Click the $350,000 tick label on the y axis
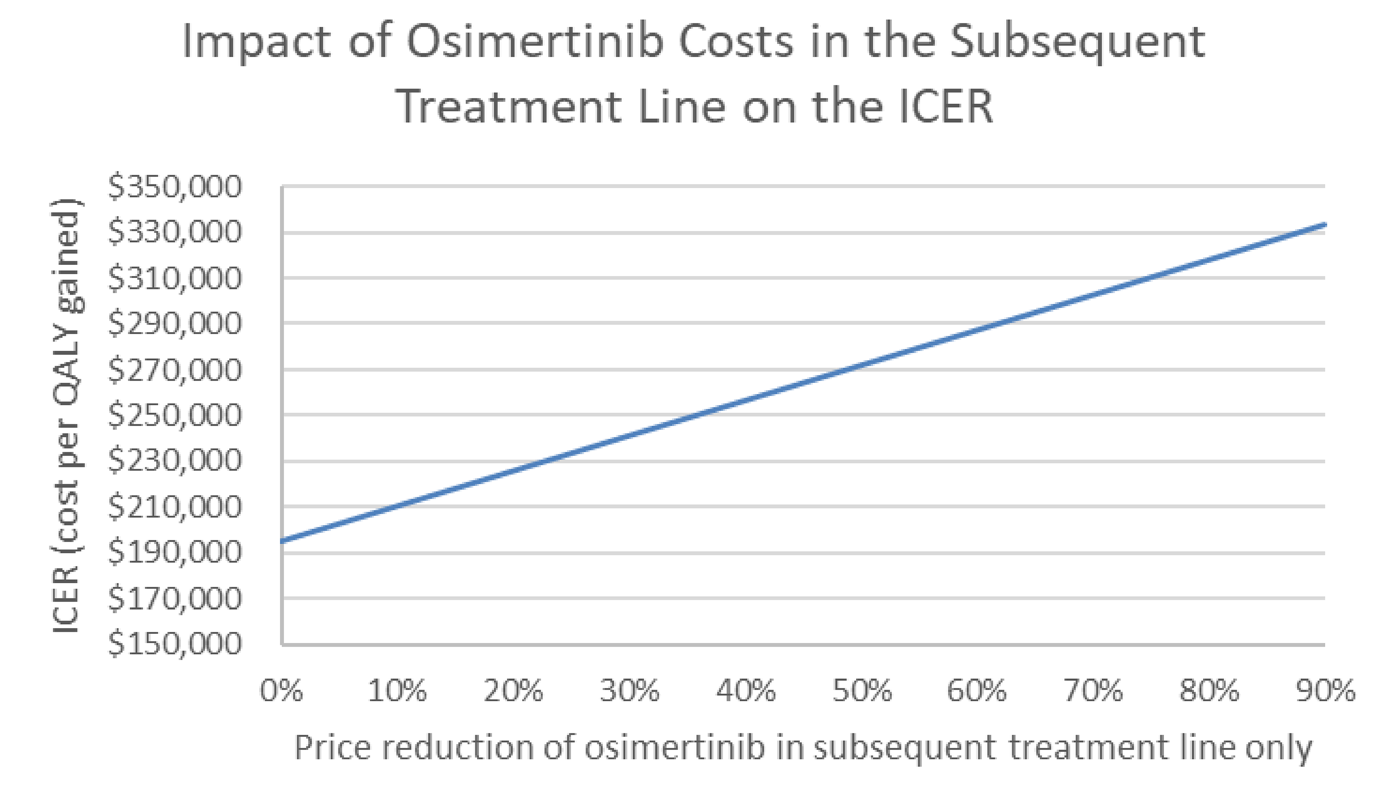pyautogui.click(x=174, y=187)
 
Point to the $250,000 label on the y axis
pyautogui.click(x=174, y=415)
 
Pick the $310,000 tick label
pyautogui.click(x=174, y=278)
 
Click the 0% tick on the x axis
pyautogui.click(x=281, y=691)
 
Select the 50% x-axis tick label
pyautogui.click(x=862, y=691)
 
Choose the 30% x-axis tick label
pyautogui.click(x=630, y=691)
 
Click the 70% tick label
pyautogui.click(x=1093, y=691)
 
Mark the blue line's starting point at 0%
pyautogui.click(x=282, y=541)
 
